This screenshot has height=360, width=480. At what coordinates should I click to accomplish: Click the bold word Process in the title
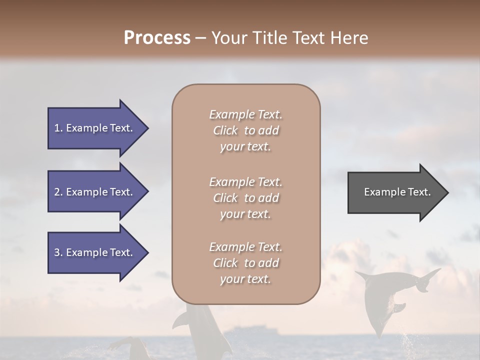pos(157,37)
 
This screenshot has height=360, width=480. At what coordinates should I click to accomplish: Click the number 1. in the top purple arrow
pos(58,128)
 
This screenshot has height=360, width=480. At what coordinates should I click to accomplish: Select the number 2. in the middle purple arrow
pos(58,192)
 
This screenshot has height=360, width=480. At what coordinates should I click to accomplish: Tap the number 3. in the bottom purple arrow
pos(58,252)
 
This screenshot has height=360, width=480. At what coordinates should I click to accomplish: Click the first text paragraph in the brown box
pos(245,130)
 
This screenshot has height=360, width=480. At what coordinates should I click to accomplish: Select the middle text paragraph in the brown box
pos(245,198)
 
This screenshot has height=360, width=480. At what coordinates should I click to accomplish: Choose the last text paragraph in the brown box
pos(245,263)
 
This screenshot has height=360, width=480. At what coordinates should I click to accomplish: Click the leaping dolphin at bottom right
pos(385,300)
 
